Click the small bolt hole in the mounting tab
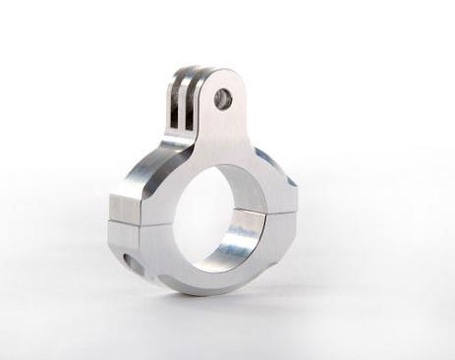click(224, 97)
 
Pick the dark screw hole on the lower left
click(129, 260)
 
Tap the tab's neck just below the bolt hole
click(222, 128)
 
